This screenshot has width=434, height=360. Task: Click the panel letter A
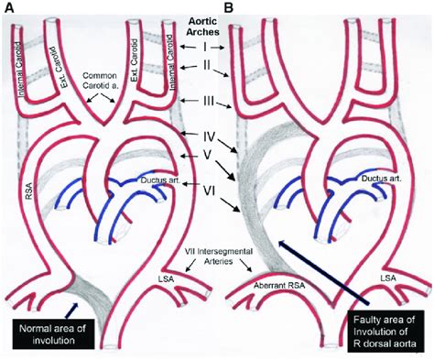click(x=9, y=7)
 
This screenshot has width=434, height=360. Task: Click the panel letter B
click(x=229, y=7)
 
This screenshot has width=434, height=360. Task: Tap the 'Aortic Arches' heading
click(x=203, y=27)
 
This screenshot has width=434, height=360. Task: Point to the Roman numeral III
click(x=209, y=101)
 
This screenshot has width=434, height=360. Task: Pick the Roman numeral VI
click(x=209, y=191)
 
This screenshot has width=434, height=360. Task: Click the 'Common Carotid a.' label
click(x=100, y=80)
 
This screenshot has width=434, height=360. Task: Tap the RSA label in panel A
click(x=29, y=191)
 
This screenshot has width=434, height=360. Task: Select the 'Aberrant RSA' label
click(x=279, y=286)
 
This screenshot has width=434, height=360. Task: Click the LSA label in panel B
click(x=388, y=278)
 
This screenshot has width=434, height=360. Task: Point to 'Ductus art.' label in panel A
click(x=161, y=180)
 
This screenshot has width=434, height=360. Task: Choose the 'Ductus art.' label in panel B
click(x=381, y=179)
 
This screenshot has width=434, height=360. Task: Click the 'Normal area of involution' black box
click(x=53, y=333)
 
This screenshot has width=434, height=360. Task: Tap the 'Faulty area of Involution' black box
click(x=385, y=332)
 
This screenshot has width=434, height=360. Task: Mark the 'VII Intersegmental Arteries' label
click(x=219, y=256)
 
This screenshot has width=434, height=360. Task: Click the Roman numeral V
click(x=207, y=155)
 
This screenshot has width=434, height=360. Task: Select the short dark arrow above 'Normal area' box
click(x=71, y=311)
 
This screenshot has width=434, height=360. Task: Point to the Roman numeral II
click(x=207, y=65)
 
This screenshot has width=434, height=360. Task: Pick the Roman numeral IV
click(x=209, y=136)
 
